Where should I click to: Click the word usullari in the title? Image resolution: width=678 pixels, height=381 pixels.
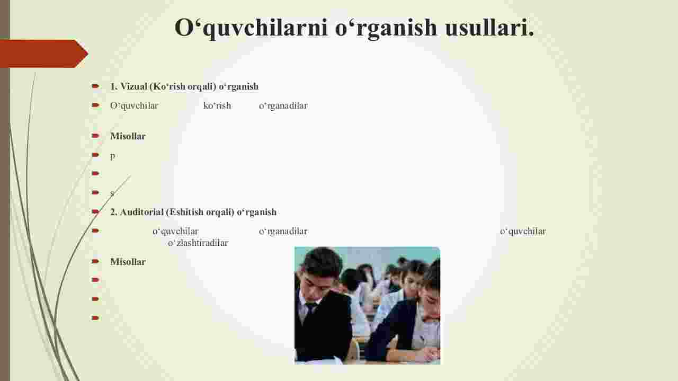(x=490, y=28)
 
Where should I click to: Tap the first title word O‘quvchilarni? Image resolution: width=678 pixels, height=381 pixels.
(x=251, y=28)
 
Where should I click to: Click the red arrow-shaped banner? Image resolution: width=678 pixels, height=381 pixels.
(x=44, y=54)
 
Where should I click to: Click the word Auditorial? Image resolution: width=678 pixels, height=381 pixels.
(x=141, y=212)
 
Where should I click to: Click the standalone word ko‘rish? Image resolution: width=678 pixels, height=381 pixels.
(x=217, y=105)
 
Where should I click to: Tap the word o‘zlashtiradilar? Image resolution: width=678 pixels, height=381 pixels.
(x=198, y=243)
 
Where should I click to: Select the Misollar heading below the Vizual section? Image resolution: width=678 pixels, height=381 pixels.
(x=128, y=136)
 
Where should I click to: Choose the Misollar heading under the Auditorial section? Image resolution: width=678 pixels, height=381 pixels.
(x=128, y=262)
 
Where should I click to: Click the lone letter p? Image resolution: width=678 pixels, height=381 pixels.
(x=113, y=156)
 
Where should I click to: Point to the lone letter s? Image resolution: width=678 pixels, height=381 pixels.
(x=112, y=193)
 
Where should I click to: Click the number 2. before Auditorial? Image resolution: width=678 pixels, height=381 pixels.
(x=114, y=212)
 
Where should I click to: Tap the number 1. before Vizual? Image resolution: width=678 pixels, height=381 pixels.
(x=114, y=86)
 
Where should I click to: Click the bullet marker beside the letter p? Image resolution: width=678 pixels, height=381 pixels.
(x=95, y=155)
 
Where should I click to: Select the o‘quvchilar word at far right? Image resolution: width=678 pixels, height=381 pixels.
(x=523, y=232)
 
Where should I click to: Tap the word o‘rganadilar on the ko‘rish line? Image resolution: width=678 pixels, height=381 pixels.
(x=283, y=105)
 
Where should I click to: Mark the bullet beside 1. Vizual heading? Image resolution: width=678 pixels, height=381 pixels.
(x=95, y=86)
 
